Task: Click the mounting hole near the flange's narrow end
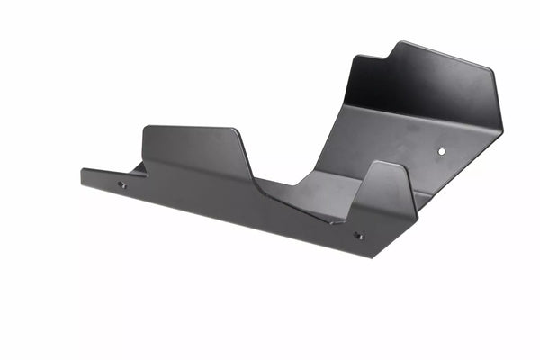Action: click(122, 184)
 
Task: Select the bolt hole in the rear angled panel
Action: click(441, 152)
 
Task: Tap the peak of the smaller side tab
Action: click(382, 163)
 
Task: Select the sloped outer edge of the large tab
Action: click(247, 153)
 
